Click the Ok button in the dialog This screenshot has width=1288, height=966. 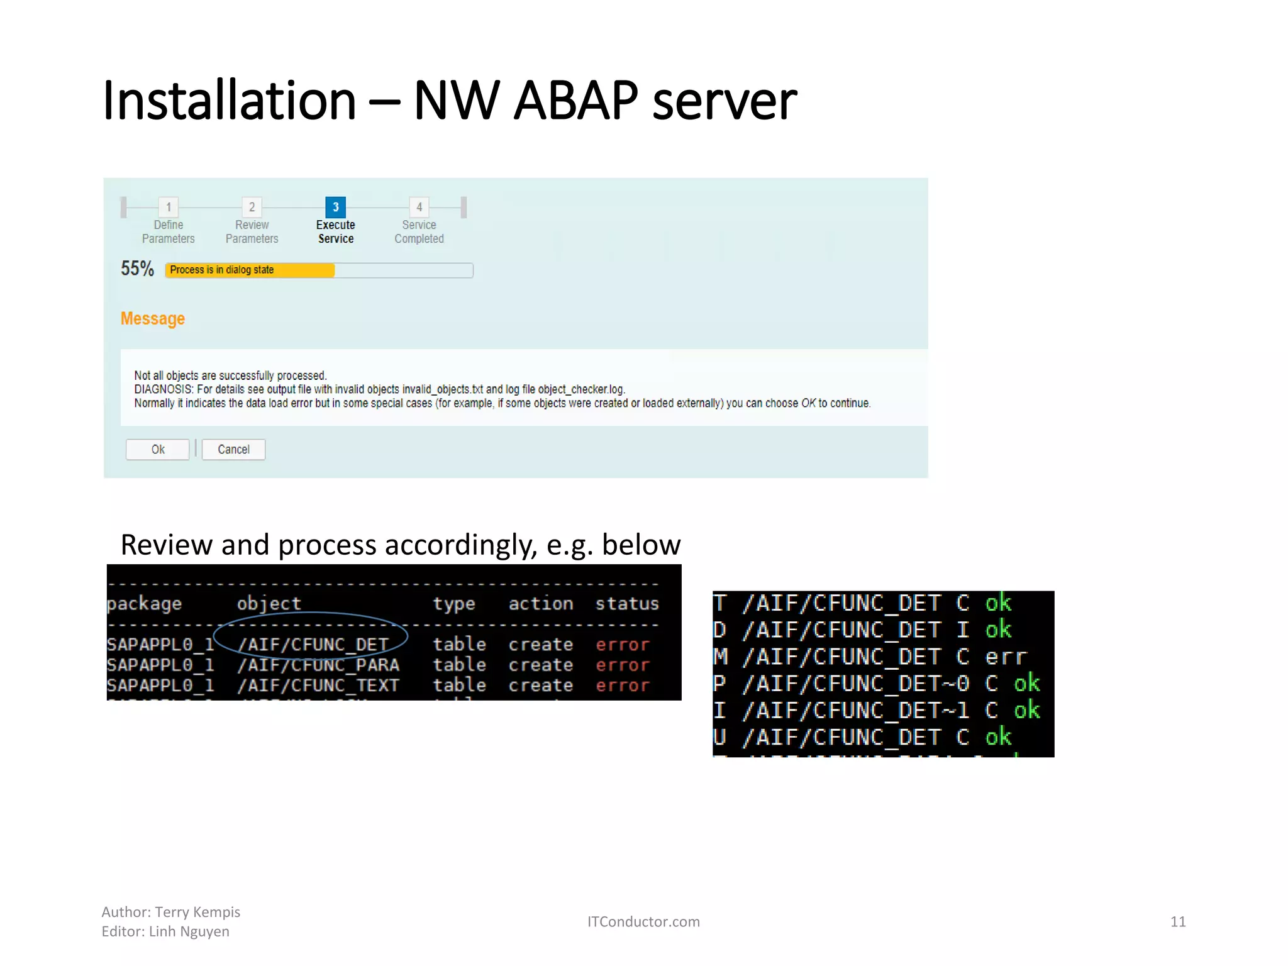157,449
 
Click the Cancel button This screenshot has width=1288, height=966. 233,449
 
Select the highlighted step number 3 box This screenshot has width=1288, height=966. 335,207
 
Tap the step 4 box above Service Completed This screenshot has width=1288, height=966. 419,207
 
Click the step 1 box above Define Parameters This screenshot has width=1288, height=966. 169,207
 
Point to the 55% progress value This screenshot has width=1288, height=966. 137,269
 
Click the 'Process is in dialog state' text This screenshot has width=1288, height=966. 221,270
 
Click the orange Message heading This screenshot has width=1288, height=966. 153,319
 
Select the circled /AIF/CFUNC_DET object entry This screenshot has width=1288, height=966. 313,645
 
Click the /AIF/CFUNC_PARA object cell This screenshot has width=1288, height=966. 318,665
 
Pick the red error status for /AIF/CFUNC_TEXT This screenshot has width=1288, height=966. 622,686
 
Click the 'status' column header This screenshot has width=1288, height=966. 627,604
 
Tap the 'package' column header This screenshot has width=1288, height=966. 144,604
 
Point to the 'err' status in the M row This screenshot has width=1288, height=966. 1006,657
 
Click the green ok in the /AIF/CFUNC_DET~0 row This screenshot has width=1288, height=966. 1026,684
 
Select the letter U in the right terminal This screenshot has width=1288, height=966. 720,737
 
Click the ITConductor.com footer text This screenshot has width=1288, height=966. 643,921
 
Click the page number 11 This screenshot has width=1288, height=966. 1178,921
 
